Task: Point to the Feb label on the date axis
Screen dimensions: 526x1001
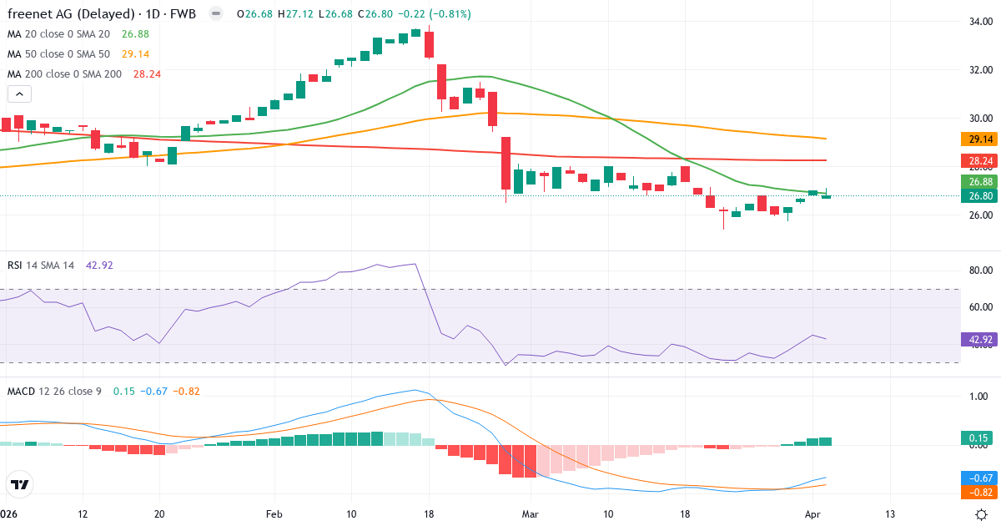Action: (274, 513)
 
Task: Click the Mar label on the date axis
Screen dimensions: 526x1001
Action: (531, 513)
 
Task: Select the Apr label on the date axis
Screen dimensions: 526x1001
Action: (813, 513)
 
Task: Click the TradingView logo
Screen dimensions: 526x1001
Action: (20, 484)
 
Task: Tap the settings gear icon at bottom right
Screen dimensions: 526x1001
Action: (983, 514)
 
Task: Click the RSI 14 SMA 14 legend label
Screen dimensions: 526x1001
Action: (41, 266)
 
